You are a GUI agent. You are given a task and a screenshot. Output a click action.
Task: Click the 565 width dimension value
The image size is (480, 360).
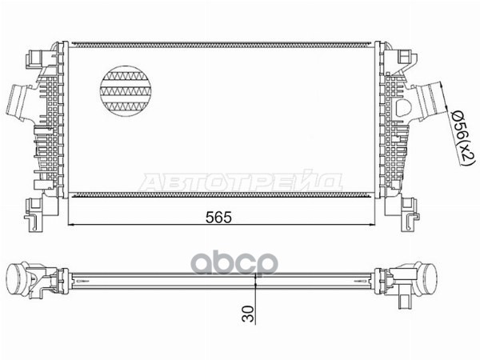point(218,218)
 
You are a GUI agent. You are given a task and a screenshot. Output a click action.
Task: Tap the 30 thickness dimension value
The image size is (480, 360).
point(248,314)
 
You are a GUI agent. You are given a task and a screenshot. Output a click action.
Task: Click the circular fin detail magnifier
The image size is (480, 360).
point(126,91)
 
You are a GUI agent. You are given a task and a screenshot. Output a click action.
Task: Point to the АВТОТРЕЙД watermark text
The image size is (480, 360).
point(241,182)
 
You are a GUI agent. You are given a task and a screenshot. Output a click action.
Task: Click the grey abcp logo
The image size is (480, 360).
point(234,263)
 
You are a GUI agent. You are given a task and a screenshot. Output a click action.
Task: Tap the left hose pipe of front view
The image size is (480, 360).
point(19,103)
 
